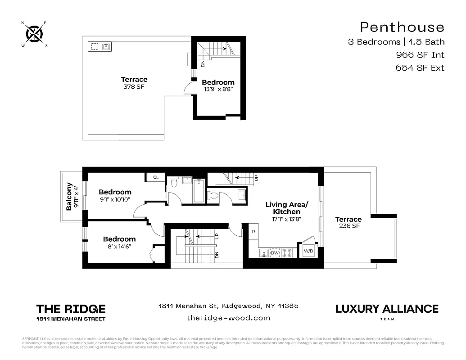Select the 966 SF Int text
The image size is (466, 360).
tap(420, 55)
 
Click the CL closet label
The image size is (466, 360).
tap(156, 177)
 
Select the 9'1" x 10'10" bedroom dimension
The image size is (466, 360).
tap(115, 199)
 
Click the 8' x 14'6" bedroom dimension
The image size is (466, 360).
tap(119, 247)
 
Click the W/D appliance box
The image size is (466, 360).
tap(308, 251)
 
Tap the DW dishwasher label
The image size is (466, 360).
tap(275, 253)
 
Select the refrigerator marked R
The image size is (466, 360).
tap(253, 232)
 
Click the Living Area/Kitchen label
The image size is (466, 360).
tap(283, 208)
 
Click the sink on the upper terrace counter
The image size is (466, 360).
tap(107, 46)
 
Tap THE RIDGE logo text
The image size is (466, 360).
tap(71, 309)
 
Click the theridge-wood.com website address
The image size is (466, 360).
tap(228, 318)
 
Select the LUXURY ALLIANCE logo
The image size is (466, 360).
tap(387, 309)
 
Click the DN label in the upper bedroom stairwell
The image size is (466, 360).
tap(203, 63)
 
